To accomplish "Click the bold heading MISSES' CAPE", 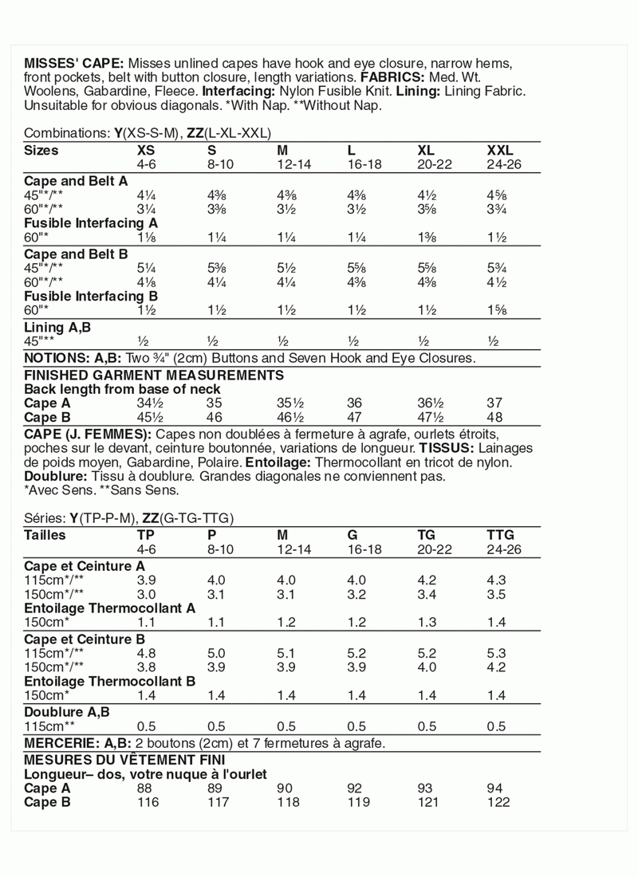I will (73, 63).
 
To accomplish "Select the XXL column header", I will (500, 150).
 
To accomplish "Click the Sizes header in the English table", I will (41, 150).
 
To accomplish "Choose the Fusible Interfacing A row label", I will (91, 223).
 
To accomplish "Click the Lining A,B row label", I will (58, 327).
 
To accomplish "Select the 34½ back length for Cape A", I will (150, 403).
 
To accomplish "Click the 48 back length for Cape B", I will (494, 417).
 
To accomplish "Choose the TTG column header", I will (500, 534).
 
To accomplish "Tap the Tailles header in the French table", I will (45, 534).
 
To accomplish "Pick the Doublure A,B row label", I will (67, 711).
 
